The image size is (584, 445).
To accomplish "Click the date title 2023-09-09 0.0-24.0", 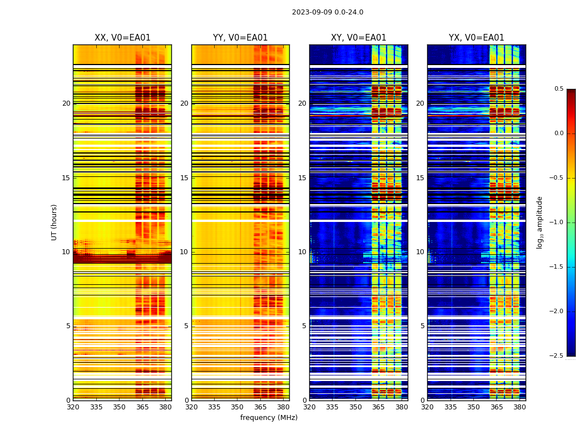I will [x=328, y=12].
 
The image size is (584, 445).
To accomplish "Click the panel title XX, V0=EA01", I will [x=122, y=38].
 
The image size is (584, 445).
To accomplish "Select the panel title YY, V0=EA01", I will [x=240, y=38].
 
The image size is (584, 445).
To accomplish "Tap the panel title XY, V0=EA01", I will [x=358, y=38].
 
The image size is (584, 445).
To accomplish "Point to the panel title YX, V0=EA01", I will [x=476, y=38].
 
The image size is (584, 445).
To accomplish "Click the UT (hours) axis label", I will [x=55, y=222].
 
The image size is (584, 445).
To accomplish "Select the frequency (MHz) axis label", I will [x=269, y=418].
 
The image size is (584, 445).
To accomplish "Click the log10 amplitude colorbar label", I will [x=540, y=222].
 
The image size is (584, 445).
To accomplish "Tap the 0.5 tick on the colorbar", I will [x=559, y=89].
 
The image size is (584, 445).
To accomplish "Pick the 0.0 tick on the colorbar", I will [x=559, y=133].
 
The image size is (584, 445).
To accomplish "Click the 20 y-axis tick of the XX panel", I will [x=66, y=103].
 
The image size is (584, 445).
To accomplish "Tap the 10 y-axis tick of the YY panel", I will [x=184, y=252].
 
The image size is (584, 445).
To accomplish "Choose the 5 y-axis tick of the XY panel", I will [x=304, y=326].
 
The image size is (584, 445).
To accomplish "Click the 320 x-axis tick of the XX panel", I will [x=73, y=407].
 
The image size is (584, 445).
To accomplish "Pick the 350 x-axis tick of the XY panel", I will [x=355, y=407].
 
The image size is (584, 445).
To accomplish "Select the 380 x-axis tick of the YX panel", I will [x=519, y=407].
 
